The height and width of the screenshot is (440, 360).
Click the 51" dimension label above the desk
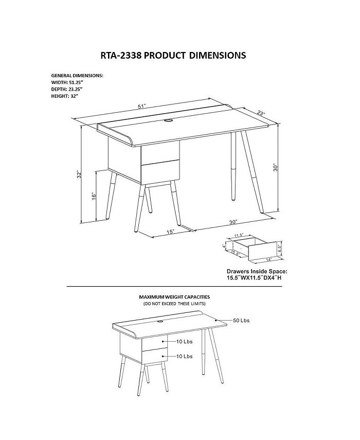pos(141,106)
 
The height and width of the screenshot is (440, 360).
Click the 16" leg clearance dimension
pos(95,196)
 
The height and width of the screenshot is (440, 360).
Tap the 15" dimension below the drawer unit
pos(170,232)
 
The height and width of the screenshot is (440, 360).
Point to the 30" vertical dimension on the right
pos(276,168)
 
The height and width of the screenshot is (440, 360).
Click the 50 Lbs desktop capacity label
pos(241,321)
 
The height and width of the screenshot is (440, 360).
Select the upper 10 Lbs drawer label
pos(184,341)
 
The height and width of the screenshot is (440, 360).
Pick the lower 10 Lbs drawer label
pos(184,356)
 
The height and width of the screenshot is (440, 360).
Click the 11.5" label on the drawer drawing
pos(238,236)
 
